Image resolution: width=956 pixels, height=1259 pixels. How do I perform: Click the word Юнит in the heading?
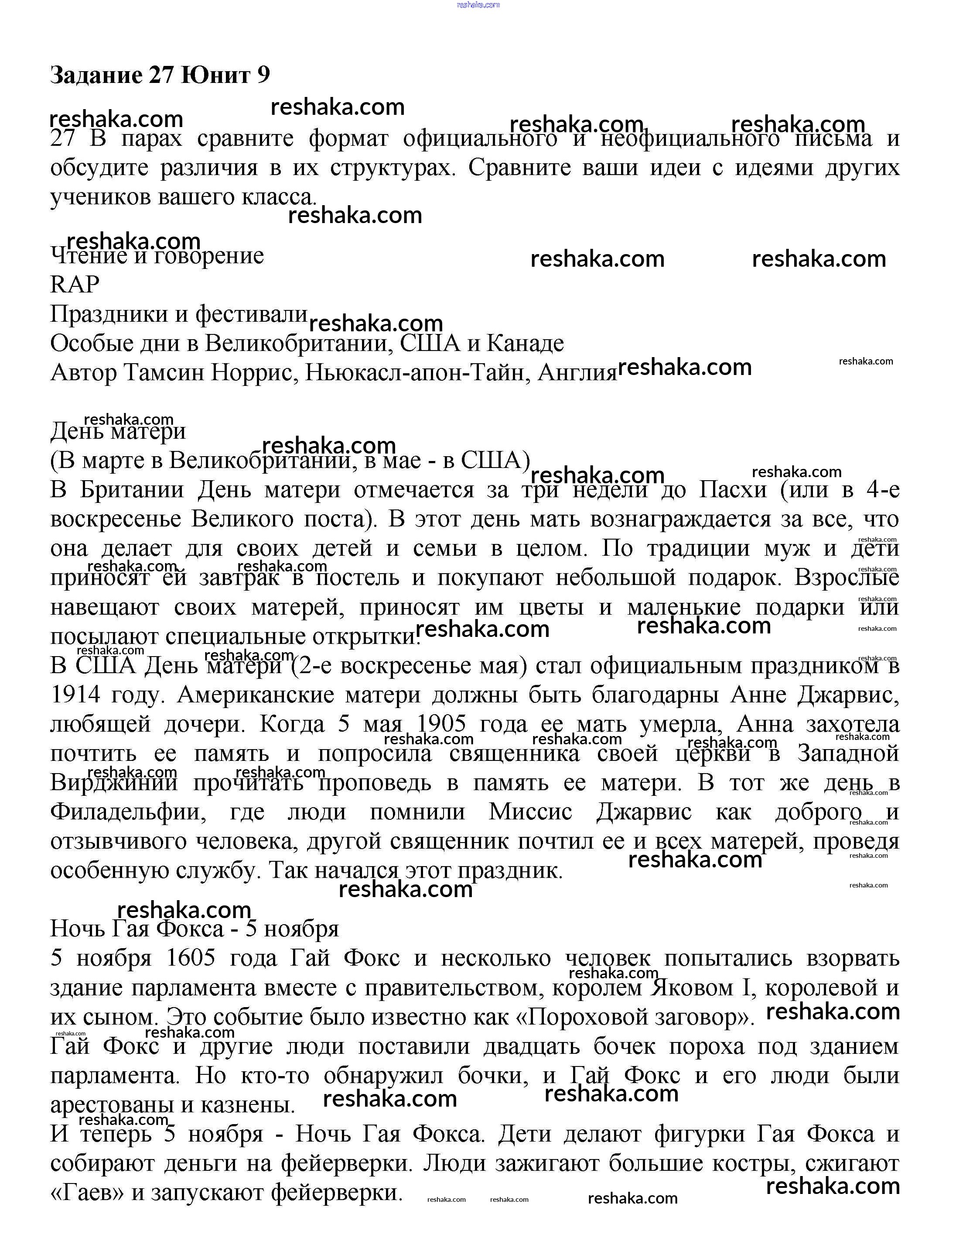pos(216,75)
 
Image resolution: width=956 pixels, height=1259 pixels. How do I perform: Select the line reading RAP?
pos(75,284)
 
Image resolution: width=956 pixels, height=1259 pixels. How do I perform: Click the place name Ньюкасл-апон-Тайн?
pos(415,372)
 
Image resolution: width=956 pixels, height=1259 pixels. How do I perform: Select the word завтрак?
pos(239,578)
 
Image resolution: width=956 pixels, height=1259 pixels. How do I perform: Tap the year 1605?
pos(191,958)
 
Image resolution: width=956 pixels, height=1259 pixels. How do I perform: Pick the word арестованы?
pos(112,1105)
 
